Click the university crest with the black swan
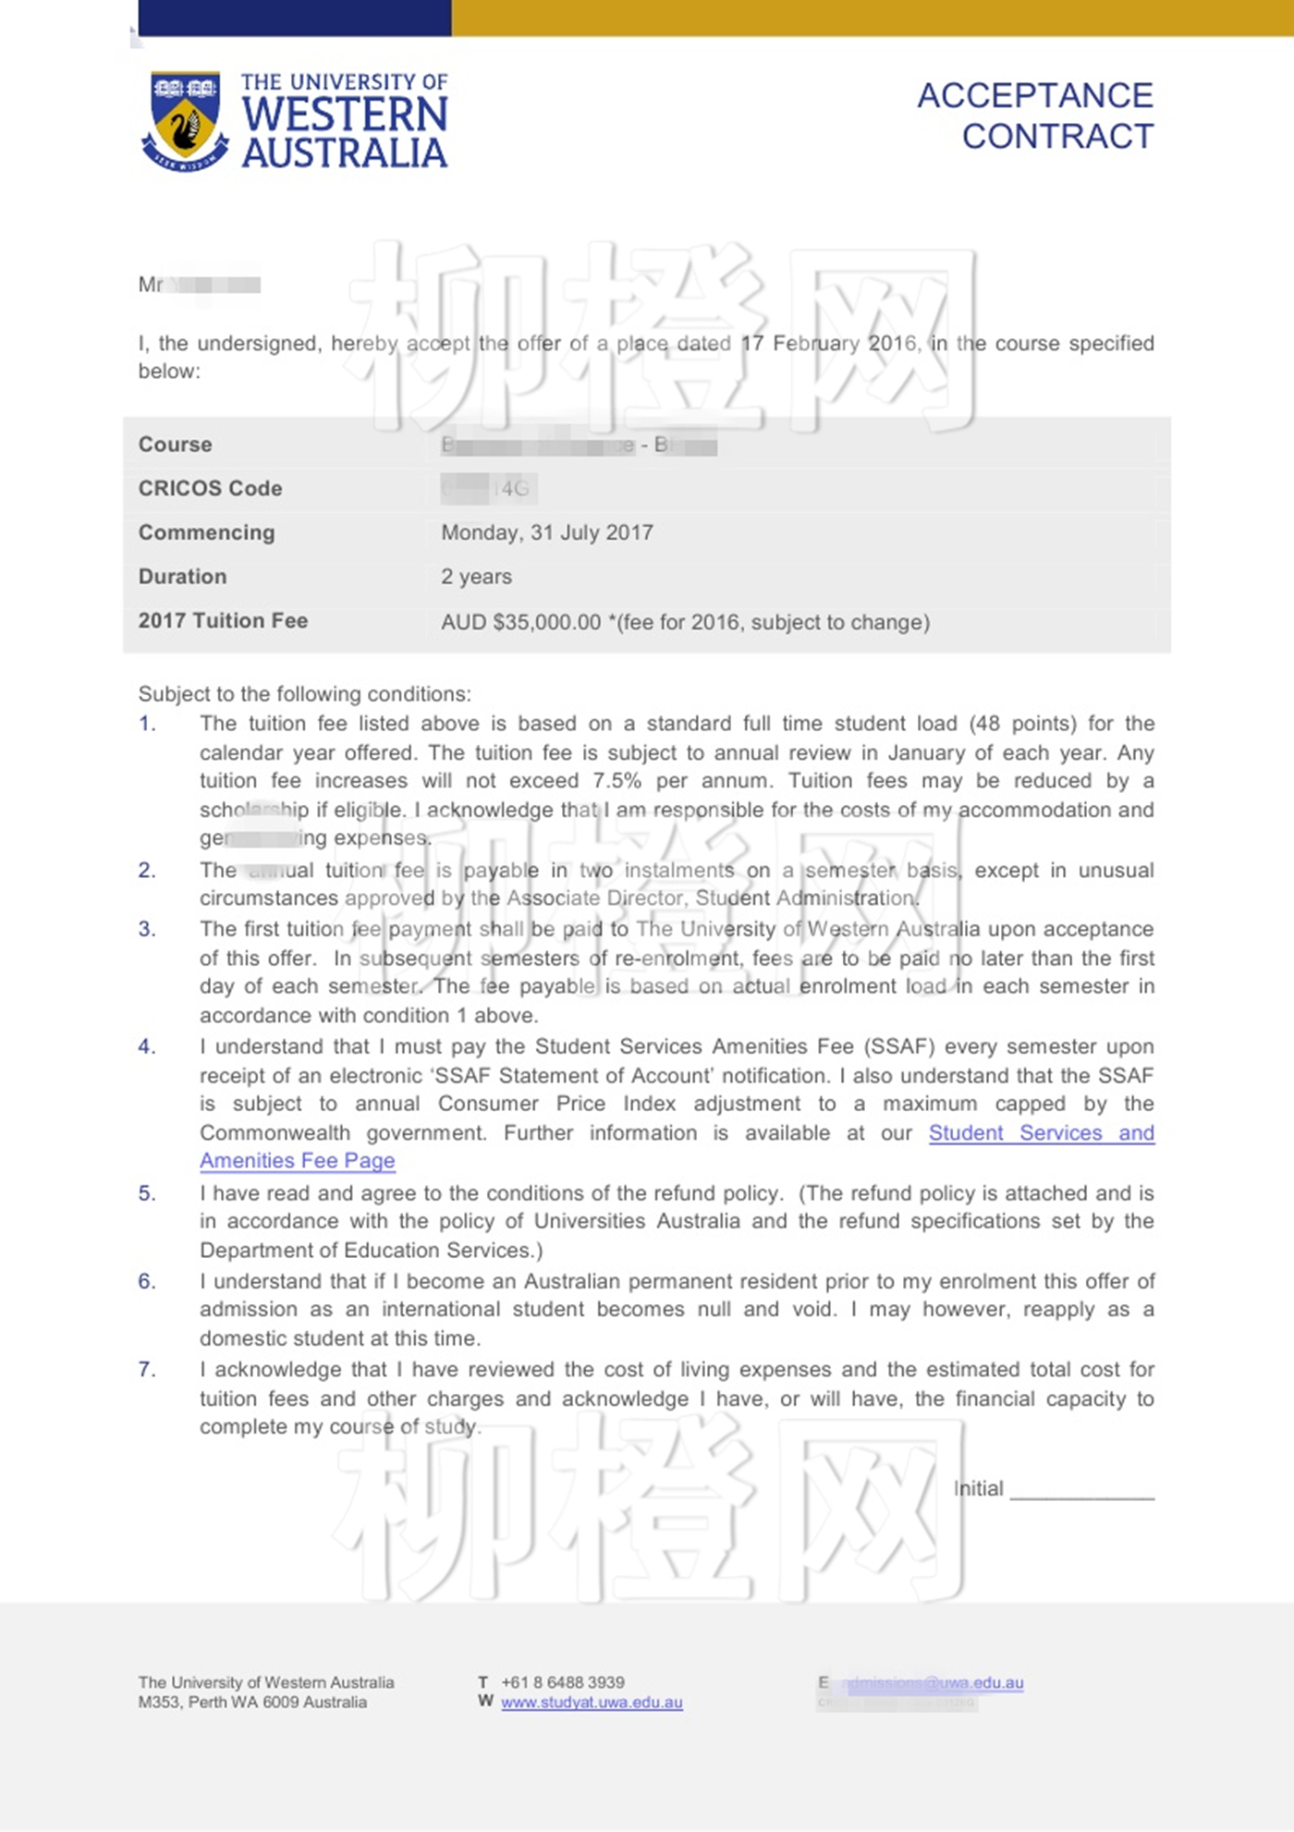[x=185, y=121]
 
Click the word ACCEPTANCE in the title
[x=1034, y=95]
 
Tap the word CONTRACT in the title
[x=1057, y=137]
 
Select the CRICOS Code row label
[x=210, y=488]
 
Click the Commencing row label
[x=206, y=532]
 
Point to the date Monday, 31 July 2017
[x=546, y=532]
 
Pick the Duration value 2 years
[x=476, y=577]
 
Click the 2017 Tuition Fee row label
[x=223, y=621]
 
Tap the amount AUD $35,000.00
[x=520, y=622]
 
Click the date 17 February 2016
[x=829, y=344]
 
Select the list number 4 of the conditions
[x=147, y=1046]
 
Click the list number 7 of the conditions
[x=147, y=1369]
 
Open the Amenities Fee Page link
[x=297, y=1161]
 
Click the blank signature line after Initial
[x=1081, y=1490]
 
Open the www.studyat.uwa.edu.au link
[x=592, y=1703]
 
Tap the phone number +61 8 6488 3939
[x=562, y=1682]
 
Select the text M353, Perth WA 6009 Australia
[x=252, y=1703]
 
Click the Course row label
[x=175, y=445]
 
